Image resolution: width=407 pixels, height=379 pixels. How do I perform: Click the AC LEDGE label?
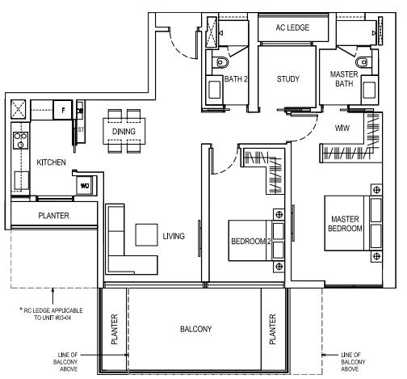click(292, 27)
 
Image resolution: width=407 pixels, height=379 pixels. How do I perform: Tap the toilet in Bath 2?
click(222, 62)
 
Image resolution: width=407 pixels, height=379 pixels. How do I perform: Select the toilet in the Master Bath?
click(362, 62)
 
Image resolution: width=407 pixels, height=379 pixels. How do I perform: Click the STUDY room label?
click(288, 79)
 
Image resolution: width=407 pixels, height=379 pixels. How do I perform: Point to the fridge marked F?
click(63, 110)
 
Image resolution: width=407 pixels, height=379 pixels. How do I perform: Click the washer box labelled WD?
click(85, 186)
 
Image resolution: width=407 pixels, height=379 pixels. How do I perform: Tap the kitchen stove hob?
click(20, 141)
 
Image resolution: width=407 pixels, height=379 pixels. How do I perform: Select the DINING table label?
click(124, 132)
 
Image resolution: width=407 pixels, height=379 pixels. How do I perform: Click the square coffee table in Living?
click(146, 235)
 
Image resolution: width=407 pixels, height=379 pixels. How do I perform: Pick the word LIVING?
click(174, 236)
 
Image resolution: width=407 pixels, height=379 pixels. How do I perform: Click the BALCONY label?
click(195, 329)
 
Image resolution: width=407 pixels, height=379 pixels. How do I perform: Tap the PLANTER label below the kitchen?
click(53, 216)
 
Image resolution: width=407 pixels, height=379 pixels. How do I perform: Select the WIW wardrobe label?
click(342, 128)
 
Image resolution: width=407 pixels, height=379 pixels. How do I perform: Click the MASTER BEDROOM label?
click(345, 224)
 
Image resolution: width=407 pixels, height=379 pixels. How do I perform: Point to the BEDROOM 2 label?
click(250, 241)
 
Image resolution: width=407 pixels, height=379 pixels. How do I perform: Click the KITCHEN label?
click(51, 162)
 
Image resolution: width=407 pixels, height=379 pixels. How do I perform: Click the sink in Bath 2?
click(215, 89)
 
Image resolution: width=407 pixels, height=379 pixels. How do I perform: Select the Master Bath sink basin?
click(368, 89)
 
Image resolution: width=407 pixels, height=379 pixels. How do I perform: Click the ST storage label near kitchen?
click(81, 129)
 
